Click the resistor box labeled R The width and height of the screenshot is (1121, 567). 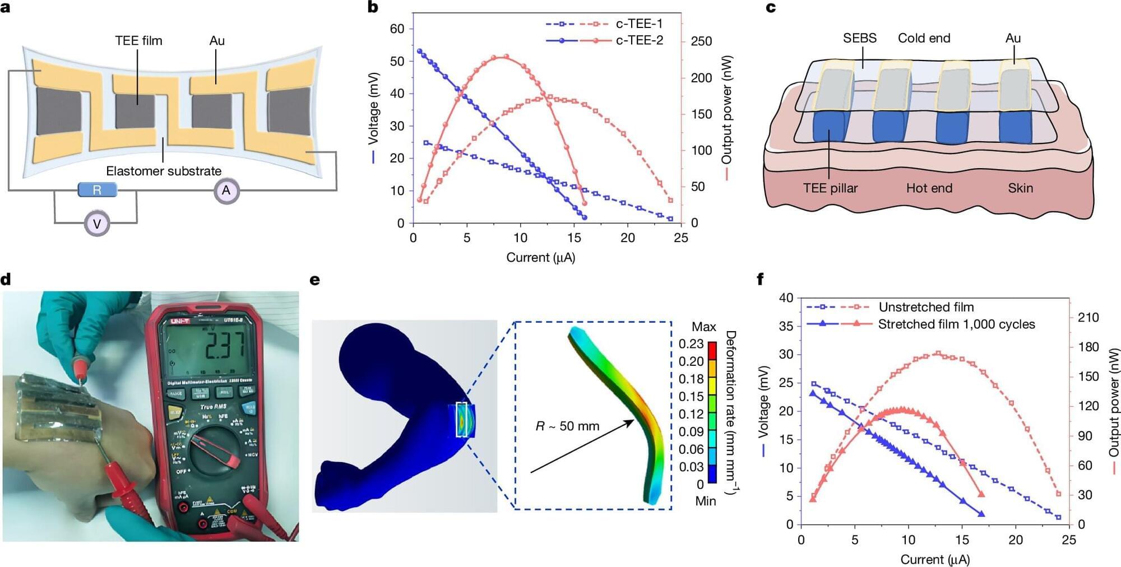point(97,190)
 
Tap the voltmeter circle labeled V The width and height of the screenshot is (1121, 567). point(97,224)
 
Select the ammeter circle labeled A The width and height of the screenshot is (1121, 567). point(226,190)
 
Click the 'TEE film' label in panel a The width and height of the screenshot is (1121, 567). point(138,41)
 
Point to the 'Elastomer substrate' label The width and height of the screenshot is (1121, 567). point(164,171)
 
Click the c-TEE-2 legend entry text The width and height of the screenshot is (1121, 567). point(639,40)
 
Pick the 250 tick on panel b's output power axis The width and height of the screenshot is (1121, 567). point(701,41)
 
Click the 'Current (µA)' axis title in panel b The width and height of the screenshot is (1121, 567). point(540,257)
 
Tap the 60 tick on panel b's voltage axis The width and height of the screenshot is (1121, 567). point(397,29)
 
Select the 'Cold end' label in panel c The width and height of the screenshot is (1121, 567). point(924,38)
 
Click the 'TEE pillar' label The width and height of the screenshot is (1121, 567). point(830,188)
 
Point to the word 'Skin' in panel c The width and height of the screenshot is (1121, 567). point(1020,188)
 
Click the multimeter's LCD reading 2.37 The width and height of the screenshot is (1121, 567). point(224,346)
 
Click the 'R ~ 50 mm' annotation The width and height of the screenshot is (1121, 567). point(567,426)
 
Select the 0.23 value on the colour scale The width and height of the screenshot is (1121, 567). point(691,344)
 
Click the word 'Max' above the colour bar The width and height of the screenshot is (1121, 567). point(703,327)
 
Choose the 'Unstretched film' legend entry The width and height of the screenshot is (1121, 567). point(926,307)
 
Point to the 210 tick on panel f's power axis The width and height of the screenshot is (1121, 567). point(1088,317)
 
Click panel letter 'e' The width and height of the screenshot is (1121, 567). point(315,280)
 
